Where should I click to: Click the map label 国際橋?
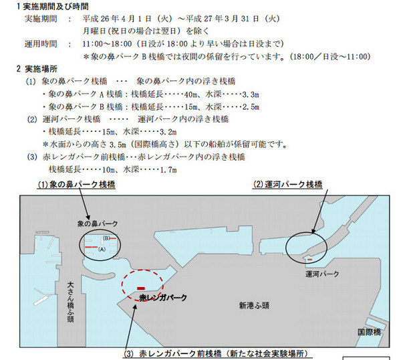point(369,332)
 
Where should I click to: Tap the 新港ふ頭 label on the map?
point(254,305)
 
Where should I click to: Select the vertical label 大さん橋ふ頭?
point(70,302)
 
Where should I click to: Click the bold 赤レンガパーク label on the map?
point(163,298)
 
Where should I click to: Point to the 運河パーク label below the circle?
point(322,274)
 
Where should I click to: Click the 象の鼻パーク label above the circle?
point(98,223)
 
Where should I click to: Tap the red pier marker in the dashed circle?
point(141,288)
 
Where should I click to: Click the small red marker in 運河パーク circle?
point(309,260)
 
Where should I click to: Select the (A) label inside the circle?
point(102,249)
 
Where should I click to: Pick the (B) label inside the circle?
point(106,238)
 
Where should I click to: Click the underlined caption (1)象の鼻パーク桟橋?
point(76,185)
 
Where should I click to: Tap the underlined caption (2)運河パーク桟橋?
point(287,185)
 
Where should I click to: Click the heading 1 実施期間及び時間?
point(53,7)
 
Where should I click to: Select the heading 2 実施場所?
point(37,69)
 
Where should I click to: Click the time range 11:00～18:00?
point(107,43)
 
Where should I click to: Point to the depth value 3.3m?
point(251,95)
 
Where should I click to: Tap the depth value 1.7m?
point(168,170)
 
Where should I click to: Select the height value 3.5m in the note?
point(118,145)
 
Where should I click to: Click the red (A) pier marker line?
point(91,247)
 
